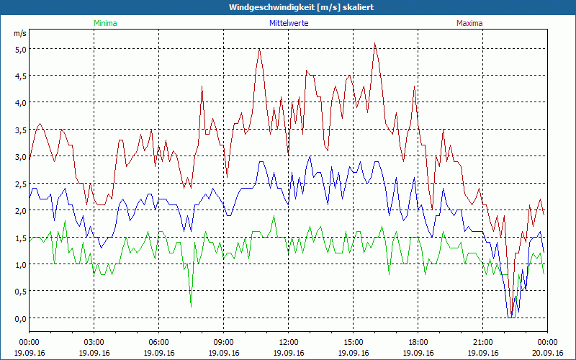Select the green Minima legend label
[x=105, y=23]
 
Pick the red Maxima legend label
[x=469, y=23]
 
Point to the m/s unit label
[x=20, y=33]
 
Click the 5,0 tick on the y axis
[x=19, y=49]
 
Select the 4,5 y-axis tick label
[x=19, y=76]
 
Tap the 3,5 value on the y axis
[x=19, y=130]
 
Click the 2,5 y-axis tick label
[x=19, y=184]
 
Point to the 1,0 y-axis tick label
[x=19, y=264]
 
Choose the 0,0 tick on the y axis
[x=19, y=318]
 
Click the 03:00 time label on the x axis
[x=94, y=342]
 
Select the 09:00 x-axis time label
[x=224, y=342]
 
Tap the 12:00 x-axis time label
[x=289, y=342]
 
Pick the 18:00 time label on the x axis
[x=418, y=342]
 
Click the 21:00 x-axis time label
[x=483, y=342]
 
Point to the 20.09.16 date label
[x=546, y=353]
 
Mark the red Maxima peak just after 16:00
[x=375, y=42]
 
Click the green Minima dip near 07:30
[x=191, y=307]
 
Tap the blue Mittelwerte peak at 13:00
[x=310, y=156]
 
